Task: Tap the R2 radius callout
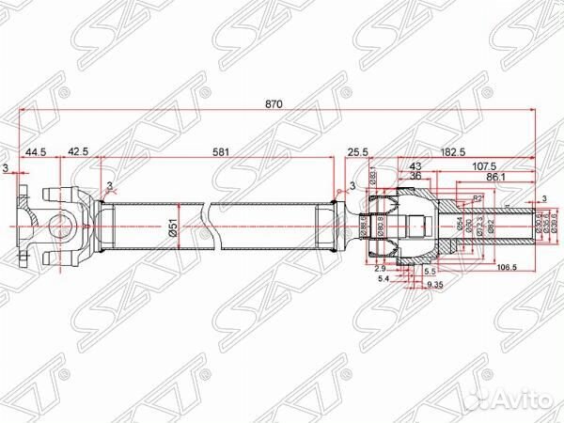[478, 199]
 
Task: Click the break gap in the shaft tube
[209, 227]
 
